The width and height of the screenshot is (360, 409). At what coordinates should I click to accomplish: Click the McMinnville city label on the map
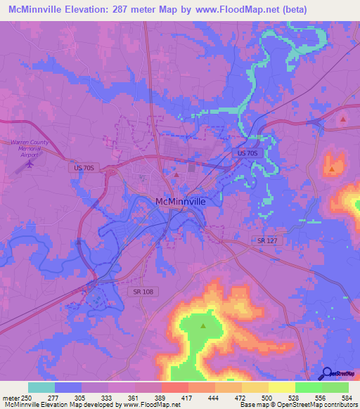click(x=180, y=202)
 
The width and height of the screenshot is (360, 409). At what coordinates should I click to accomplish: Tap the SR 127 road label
click(x=266, y=240)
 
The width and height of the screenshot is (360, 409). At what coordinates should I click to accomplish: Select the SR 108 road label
click(x=141, y=291)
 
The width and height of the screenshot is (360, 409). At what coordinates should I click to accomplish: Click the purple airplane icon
click(x=29, y=164)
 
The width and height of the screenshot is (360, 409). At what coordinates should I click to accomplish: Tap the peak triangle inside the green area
click(x=203, y=326)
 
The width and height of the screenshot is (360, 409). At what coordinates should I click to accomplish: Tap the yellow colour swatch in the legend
click(x=281, y=387)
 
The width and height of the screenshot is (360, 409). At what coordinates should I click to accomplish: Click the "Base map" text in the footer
click(x=250, y=405)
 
